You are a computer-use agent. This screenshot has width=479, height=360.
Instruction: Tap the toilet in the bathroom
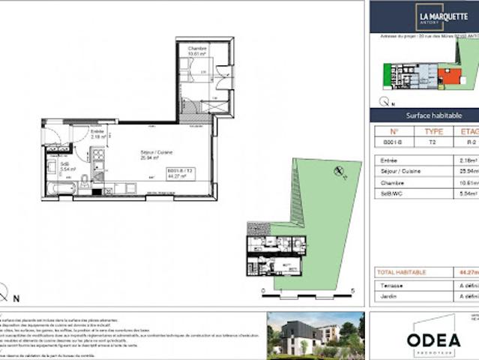click(85, 179)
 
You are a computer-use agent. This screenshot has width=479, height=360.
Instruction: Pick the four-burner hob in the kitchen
click(99, 157)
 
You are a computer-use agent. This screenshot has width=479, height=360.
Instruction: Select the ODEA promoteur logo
click(433, 336)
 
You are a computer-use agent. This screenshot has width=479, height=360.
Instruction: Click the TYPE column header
click(434, 130)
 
